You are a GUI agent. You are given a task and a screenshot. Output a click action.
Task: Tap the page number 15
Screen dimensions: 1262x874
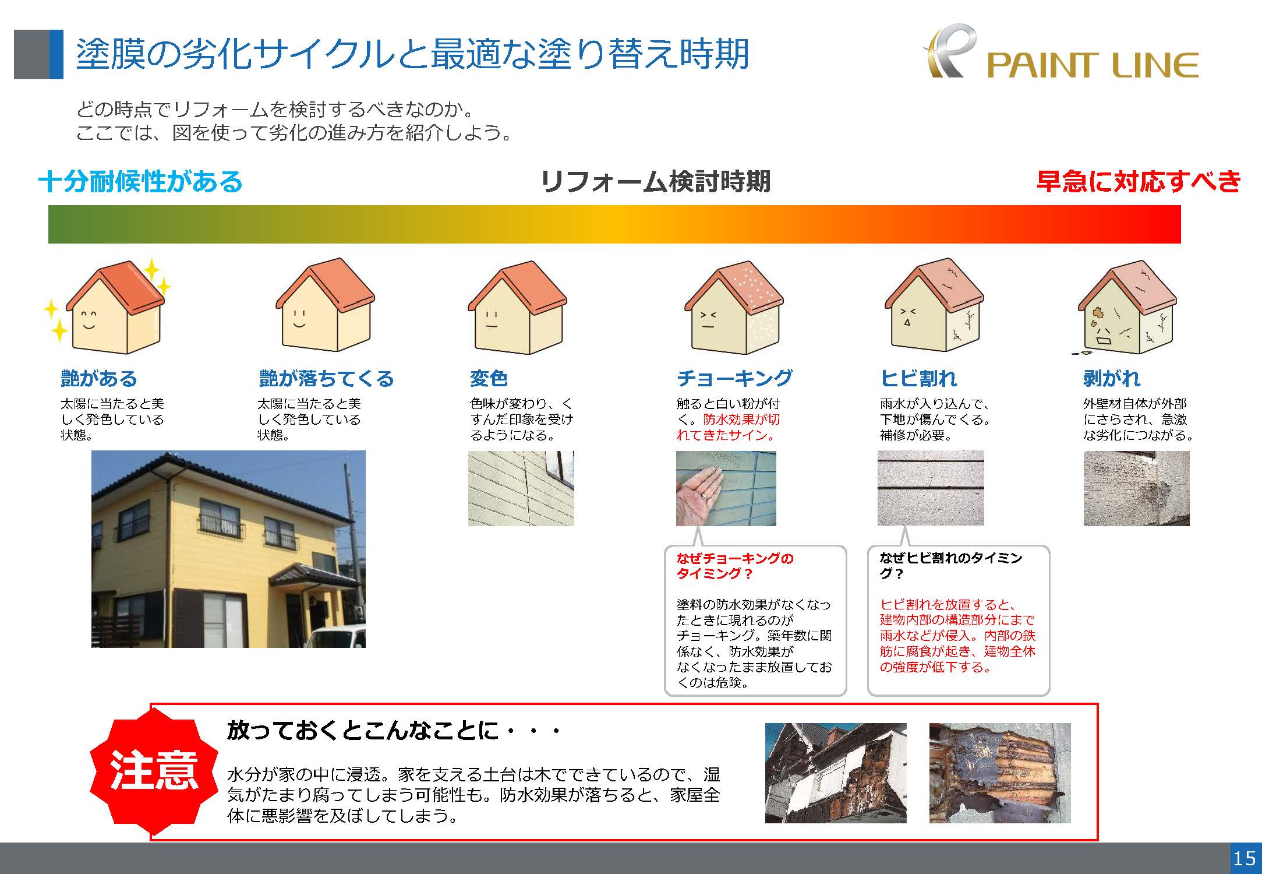coord(1244,858)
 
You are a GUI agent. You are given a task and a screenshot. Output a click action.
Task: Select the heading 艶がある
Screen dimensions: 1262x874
coord(98,379)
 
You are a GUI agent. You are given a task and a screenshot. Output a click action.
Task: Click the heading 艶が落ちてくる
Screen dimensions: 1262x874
coord(326,379)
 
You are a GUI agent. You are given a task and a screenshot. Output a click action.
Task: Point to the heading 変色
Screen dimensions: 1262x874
coord(489,379)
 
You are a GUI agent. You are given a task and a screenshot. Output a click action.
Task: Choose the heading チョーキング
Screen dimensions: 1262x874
coord(734,378)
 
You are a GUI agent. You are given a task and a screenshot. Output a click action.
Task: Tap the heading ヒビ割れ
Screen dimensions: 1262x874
coord(918,379)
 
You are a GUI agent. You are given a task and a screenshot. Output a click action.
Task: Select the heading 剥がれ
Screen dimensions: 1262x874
coord(1112,379)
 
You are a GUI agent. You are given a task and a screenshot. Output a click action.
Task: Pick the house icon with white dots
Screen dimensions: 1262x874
coord(734,307)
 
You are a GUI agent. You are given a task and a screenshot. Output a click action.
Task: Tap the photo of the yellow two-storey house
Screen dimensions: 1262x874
coord(228,549)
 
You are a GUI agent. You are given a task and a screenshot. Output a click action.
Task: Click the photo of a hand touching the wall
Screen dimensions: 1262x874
coord(726,488)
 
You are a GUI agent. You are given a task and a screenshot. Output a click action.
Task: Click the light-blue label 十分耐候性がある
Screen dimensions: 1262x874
coord(140,181)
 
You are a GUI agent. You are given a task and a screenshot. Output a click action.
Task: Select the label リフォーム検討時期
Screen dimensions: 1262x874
coord(655,181)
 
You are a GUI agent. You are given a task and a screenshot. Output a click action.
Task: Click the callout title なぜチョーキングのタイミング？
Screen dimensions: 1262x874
coord(735,566)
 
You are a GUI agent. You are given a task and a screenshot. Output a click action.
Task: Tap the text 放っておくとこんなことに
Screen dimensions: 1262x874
coord(362,730)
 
